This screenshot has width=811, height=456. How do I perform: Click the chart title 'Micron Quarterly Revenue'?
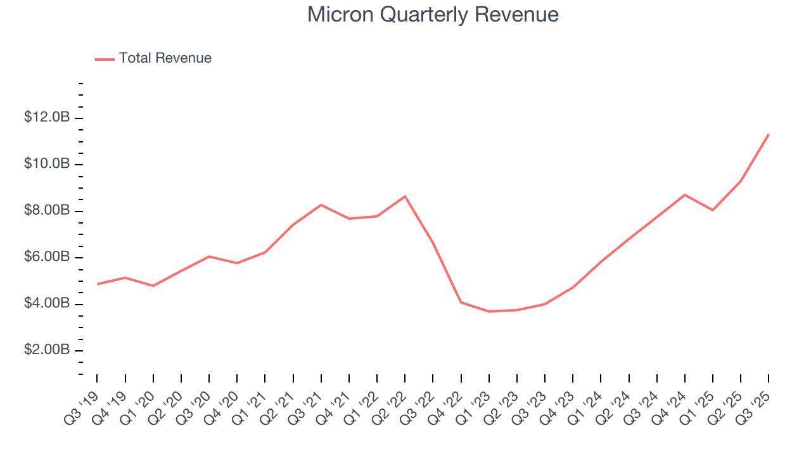coord(433,15)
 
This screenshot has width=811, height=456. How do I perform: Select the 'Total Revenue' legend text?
coord(165,58)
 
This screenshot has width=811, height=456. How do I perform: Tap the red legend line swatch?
coord(105,59)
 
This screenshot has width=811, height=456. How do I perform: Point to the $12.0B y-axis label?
coord(46,118)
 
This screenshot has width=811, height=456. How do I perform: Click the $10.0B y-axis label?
coord(46,164)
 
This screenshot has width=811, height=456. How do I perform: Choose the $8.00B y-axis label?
coord(46,211)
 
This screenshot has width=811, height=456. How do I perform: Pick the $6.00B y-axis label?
coord(46,257)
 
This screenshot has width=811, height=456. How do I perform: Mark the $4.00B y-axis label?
coord(46,304)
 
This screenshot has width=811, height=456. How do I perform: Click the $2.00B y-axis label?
coord(46,350)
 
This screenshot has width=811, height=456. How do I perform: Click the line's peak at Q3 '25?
coord(769,134)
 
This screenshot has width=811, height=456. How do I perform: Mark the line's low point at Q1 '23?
coord(489,312)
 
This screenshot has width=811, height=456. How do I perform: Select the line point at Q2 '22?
coord(405,196)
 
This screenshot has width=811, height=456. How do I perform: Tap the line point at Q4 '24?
coord(685,194)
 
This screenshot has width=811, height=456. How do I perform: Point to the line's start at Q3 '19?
coord(98,284)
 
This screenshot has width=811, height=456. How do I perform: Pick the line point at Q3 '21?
coord(321,205)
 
